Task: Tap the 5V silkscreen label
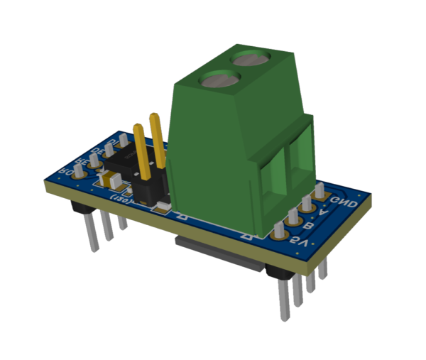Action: (x=300, y=244)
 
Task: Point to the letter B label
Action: (x=310, y=228)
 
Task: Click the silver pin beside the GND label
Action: (x=320, y=191)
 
